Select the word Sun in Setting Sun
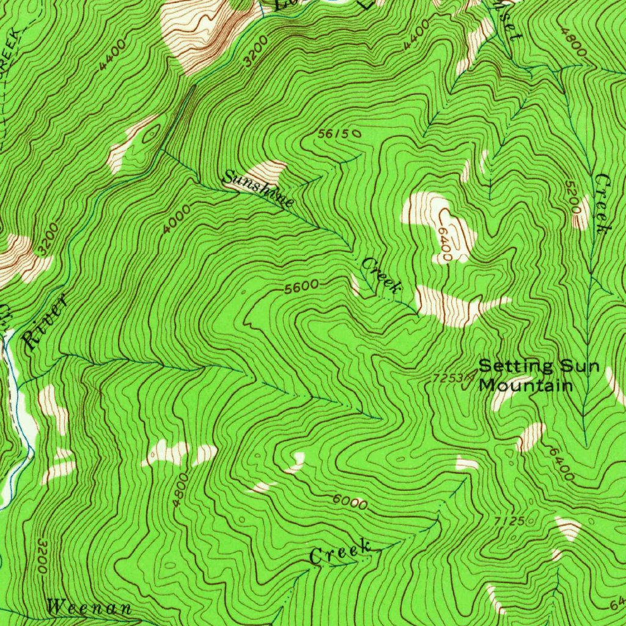[x=577, y=366]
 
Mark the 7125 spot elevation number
[x=509, y=521]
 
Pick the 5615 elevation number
[x=335, y=133]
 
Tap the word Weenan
[x=89, y=608]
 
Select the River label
[x=43, y=323]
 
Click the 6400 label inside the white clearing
[x=444, y=243]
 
